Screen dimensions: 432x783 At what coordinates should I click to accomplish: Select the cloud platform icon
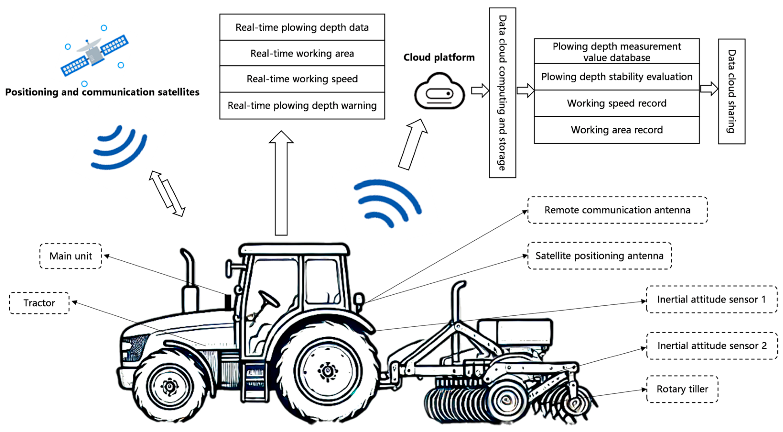[x=439, y=92]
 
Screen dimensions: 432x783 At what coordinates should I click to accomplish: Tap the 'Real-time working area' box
[x=302, y=53]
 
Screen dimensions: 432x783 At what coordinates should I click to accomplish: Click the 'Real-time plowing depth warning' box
[x=302, y=106]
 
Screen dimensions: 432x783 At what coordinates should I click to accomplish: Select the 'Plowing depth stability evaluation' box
[x=616, y=77]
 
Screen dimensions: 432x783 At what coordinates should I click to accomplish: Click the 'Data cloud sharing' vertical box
[x=731, y=91]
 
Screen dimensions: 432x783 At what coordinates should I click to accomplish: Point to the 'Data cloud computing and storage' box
[x=502, y=93]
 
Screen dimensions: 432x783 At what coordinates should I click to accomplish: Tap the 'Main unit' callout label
[x=70, y=256]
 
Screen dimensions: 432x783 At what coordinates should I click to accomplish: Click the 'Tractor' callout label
[x=39, y=303]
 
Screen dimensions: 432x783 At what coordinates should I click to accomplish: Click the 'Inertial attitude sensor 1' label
[x=711, y=299]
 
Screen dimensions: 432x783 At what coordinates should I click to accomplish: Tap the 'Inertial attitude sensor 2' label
[x=712, y=346]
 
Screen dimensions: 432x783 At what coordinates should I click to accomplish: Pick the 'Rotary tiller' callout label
[x=682, y=389]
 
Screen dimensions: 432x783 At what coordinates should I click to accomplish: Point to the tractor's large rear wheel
[x=328, y=371]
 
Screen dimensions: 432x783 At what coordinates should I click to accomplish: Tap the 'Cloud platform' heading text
[x=439, y=57]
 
